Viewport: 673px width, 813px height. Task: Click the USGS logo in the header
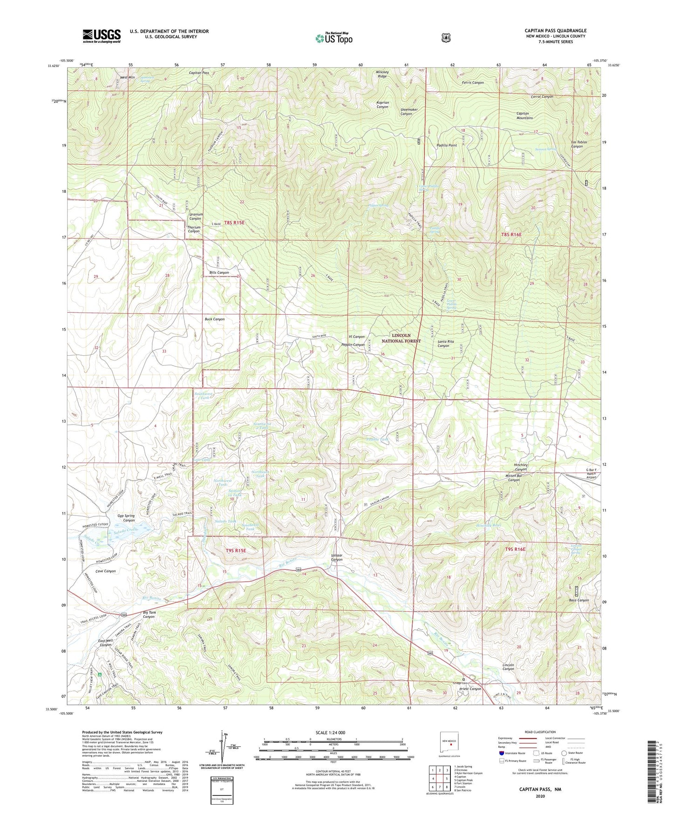click(102, 36)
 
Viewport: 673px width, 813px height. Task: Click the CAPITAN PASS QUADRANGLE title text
click(555, 31)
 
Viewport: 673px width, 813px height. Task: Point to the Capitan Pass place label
click(199, 73)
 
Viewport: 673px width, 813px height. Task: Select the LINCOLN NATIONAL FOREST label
click(401, 338)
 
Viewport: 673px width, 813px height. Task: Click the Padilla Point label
click(446, 145)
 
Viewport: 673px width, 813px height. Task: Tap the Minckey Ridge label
click(382, 74)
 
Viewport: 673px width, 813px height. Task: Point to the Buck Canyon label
click(215, 319)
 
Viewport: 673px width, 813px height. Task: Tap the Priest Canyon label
click(470, 689)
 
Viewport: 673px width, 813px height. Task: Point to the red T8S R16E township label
click(511, 235)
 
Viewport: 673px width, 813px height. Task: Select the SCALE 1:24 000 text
click(330, 732)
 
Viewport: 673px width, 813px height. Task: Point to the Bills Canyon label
click(219, 272)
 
